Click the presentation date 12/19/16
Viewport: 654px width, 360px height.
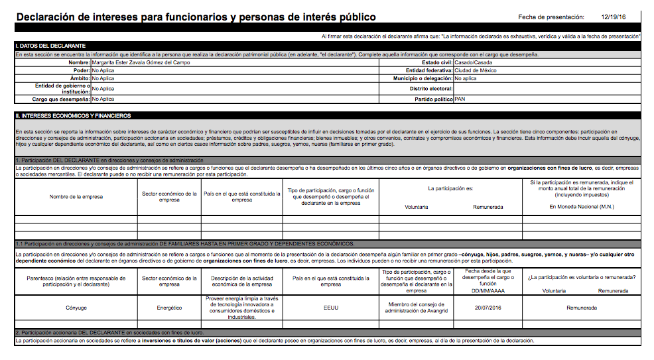click(613, 17)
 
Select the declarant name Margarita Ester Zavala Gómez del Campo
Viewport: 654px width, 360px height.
click(141, 62)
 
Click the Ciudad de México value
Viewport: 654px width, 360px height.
click(475, 70)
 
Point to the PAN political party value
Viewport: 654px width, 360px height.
click(460, 99)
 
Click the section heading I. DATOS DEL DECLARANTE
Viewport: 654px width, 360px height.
click(50, 45)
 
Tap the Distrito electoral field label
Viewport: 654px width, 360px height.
click(431, 89)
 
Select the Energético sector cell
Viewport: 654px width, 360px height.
click(169, 308)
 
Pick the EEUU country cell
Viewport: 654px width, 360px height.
click(330, 308)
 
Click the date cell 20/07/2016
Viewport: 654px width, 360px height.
click(490, 308)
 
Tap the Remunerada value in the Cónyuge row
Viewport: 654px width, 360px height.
click(582, 308)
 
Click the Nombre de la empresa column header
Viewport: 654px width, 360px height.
click(76, 197)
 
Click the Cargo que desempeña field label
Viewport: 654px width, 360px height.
click(61, 99)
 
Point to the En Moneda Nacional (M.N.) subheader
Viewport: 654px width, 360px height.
click(581, 207)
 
